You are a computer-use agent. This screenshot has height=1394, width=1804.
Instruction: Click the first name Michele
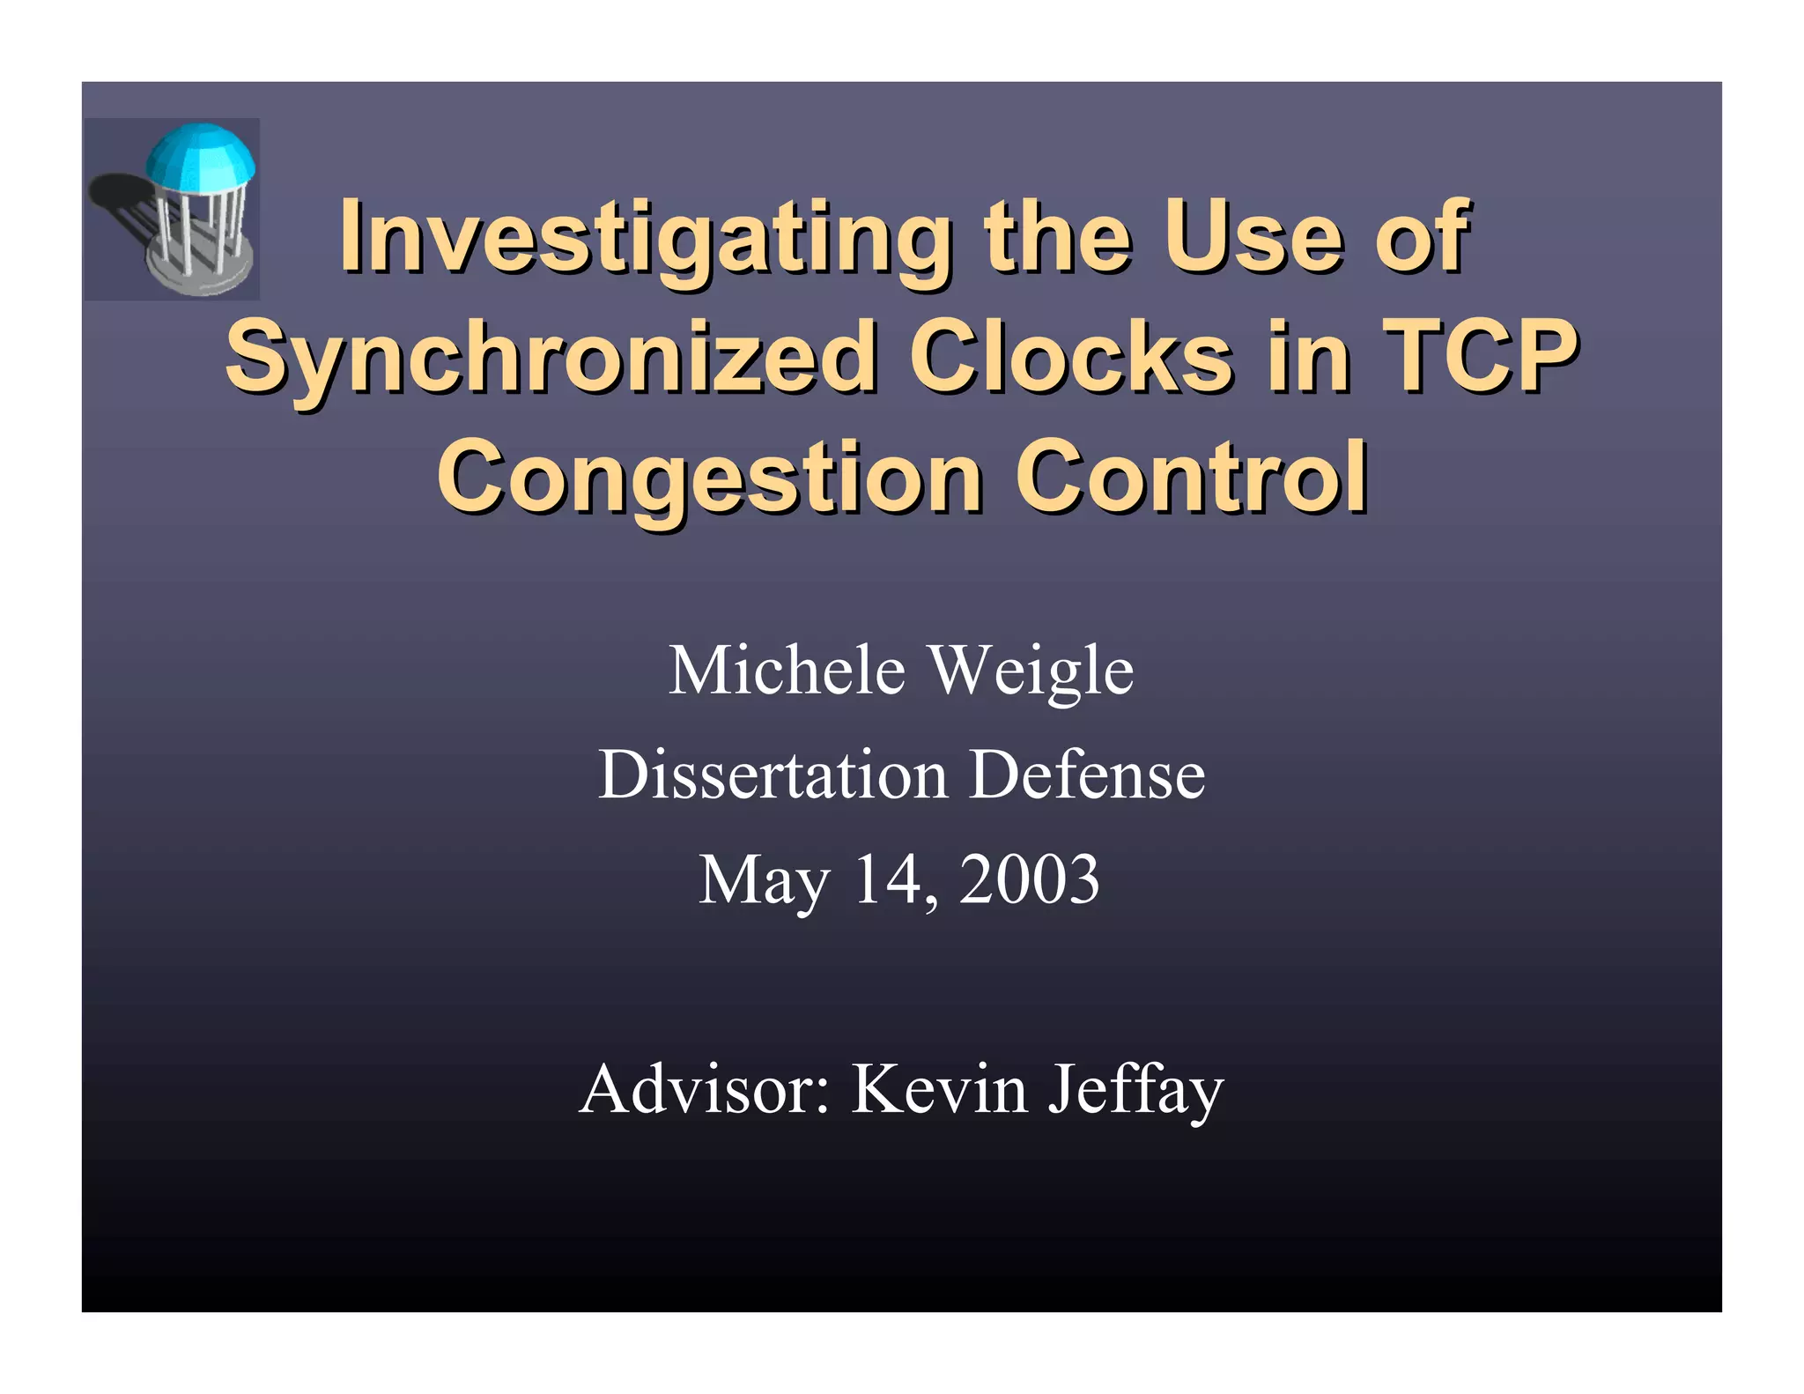point(787,671)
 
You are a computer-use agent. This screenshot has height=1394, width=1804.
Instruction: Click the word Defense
point(1087,775)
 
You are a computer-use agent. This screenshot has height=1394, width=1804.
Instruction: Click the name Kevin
point(939,1089)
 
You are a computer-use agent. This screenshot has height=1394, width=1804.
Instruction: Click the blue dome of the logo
point(201,153)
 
